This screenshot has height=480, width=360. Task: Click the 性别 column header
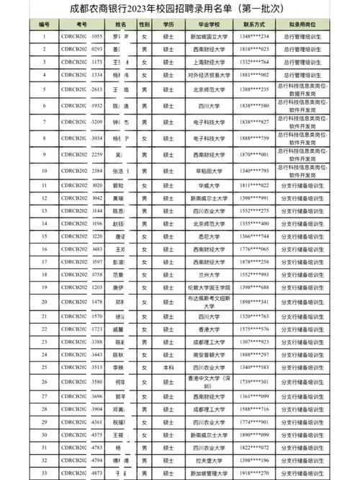tap(145, 23)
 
